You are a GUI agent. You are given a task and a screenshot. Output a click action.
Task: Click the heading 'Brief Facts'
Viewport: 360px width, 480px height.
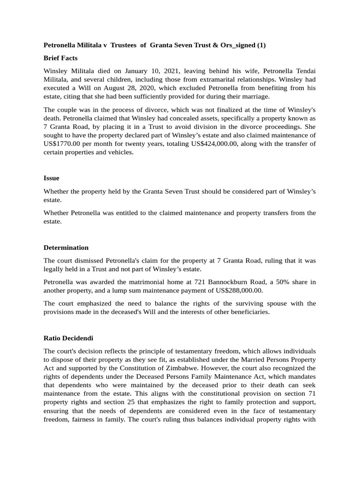coord(60,58)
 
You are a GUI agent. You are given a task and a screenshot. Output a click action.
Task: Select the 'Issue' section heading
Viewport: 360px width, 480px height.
coord(51,178)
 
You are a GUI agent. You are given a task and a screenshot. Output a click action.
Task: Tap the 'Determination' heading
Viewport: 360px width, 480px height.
coord(66,247)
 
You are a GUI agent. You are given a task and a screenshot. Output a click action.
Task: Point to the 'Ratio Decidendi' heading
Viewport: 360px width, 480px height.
coord(68,337)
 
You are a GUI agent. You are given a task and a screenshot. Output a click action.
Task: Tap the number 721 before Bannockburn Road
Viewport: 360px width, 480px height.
coord(182,282)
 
